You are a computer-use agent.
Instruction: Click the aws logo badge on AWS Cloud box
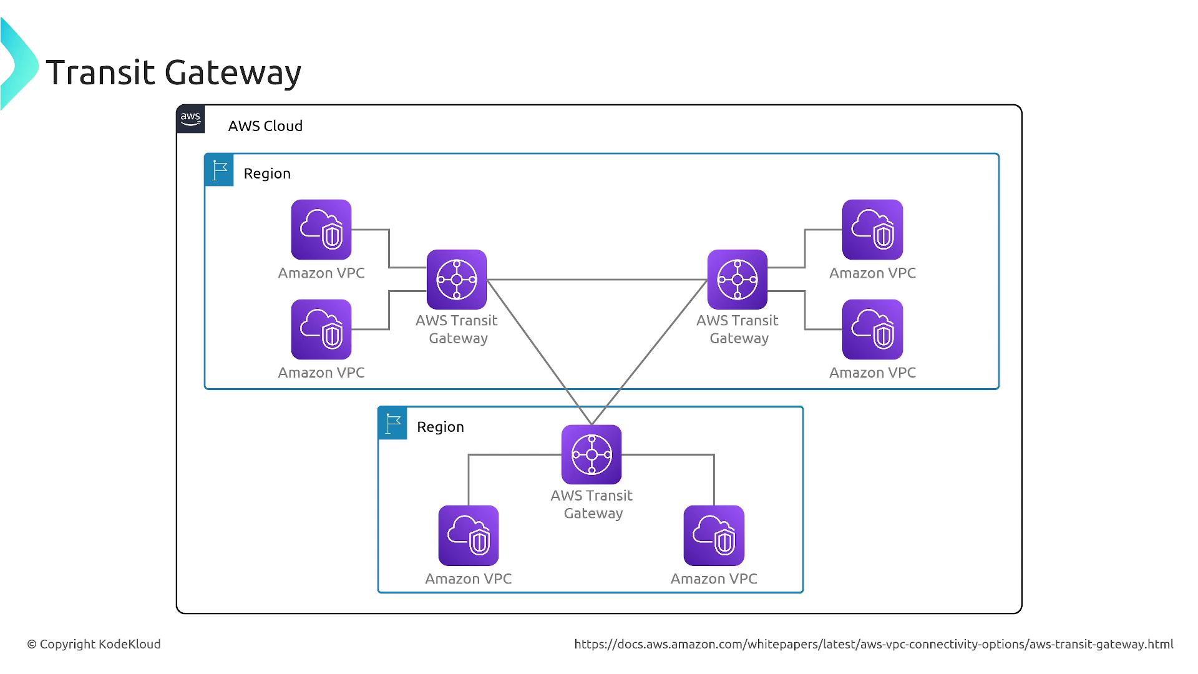[190, 119]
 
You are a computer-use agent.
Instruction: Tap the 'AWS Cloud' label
[265, 126]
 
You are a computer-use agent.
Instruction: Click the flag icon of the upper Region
[219, 170]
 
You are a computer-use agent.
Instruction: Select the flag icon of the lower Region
[392, 423]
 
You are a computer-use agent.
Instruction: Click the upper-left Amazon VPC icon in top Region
[321, 230]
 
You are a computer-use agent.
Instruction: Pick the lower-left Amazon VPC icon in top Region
[321, 330]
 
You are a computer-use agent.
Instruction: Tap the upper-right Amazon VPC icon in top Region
[872, 230]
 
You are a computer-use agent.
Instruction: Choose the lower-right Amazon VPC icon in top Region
[872, 330]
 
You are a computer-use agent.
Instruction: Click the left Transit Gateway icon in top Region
[457, 280]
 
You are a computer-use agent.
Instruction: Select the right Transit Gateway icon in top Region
[738, 280]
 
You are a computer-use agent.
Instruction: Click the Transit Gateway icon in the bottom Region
[592, 454]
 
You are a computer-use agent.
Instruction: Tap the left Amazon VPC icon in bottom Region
[469, 535]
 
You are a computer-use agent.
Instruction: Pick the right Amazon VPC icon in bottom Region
[714, 535]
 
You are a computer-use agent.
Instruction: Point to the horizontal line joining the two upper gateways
[597, 280]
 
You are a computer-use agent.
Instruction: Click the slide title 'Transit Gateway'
[173, 72]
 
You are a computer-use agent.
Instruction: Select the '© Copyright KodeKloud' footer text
[94, 644]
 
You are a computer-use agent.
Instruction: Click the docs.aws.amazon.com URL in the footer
[874, 644]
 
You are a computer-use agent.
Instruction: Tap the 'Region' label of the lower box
[441, 427]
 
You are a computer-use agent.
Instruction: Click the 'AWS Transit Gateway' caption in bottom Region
[592, 504]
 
